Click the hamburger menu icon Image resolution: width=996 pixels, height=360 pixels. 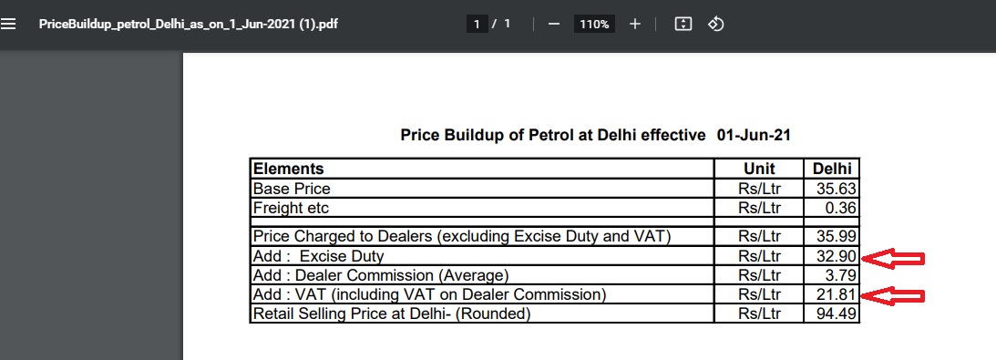pos(8,24)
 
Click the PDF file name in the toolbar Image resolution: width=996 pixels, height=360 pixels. pos(188,24)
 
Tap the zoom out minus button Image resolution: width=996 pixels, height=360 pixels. pos(554,24)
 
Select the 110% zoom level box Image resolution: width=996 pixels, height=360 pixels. pos(594,24)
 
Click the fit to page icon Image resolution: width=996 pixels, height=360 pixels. pos(683,24)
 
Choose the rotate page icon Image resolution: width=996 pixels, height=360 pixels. pos(716,24)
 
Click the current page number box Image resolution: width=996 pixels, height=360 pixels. pos(477,24)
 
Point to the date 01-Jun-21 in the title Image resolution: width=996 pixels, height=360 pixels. pos(754,135)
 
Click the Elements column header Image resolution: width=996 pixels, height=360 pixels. pos(288,169)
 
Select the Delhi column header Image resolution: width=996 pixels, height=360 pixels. pos(831,169)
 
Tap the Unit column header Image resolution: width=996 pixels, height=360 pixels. pos(759,169)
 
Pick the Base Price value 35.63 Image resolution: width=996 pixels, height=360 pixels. pos(837,189)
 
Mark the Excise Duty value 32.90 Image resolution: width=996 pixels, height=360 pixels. pos(837,256)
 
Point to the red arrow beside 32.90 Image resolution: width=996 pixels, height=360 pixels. pos(892,258)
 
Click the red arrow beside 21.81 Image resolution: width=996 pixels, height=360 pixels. pos(892,296)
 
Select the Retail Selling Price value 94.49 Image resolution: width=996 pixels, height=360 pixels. pos(837,314)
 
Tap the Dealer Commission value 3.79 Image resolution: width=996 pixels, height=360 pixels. pos(841,275)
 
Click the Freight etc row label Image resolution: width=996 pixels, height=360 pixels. pos(291,208)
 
